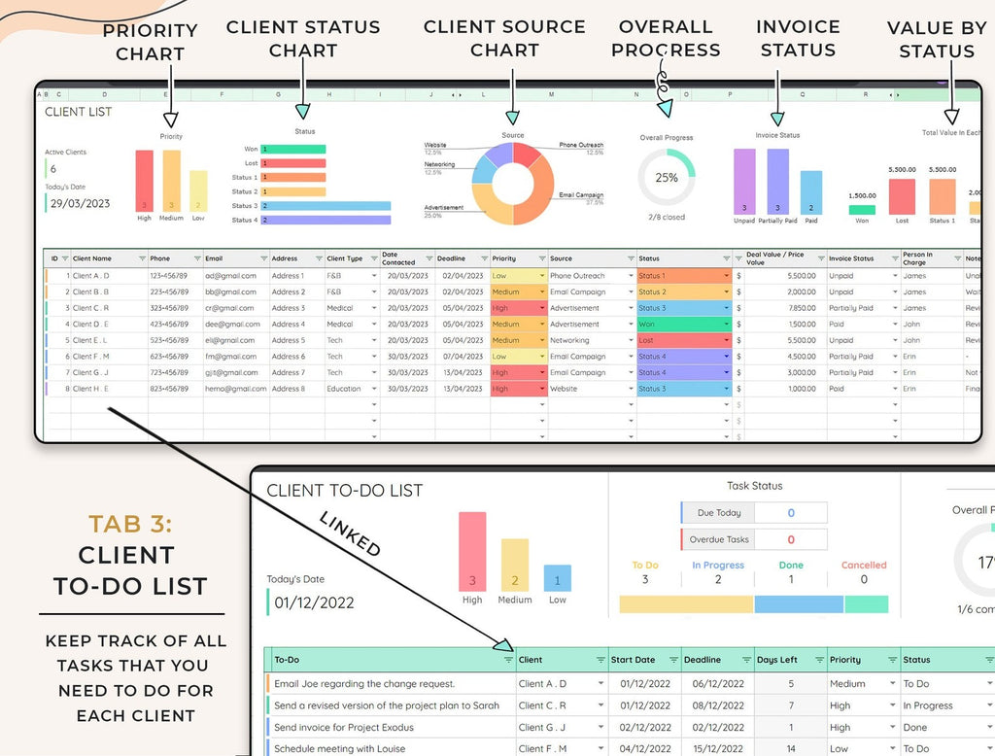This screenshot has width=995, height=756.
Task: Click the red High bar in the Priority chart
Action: pos(144,181)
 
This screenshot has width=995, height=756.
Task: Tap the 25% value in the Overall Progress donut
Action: pos(667,178)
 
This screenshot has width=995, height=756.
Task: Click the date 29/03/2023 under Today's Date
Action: pos(81,204)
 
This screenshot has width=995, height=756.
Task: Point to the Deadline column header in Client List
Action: pos(451,259)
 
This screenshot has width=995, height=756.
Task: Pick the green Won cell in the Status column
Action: pos(682,325)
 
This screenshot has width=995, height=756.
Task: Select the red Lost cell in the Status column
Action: pos(682,341)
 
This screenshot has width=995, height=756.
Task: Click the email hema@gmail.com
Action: pos(231,389)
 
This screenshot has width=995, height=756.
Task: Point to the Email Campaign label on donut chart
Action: pos(581,195)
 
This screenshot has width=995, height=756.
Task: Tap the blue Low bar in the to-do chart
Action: pos(557,578)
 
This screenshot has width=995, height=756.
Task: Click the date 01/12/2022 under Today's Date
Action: pos(314,602)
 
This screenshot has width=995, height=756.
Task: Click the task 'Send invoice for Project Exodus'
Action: pos(344,727)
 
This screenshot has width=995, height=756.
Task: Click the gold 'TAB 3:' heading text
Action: pos(129,525)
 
